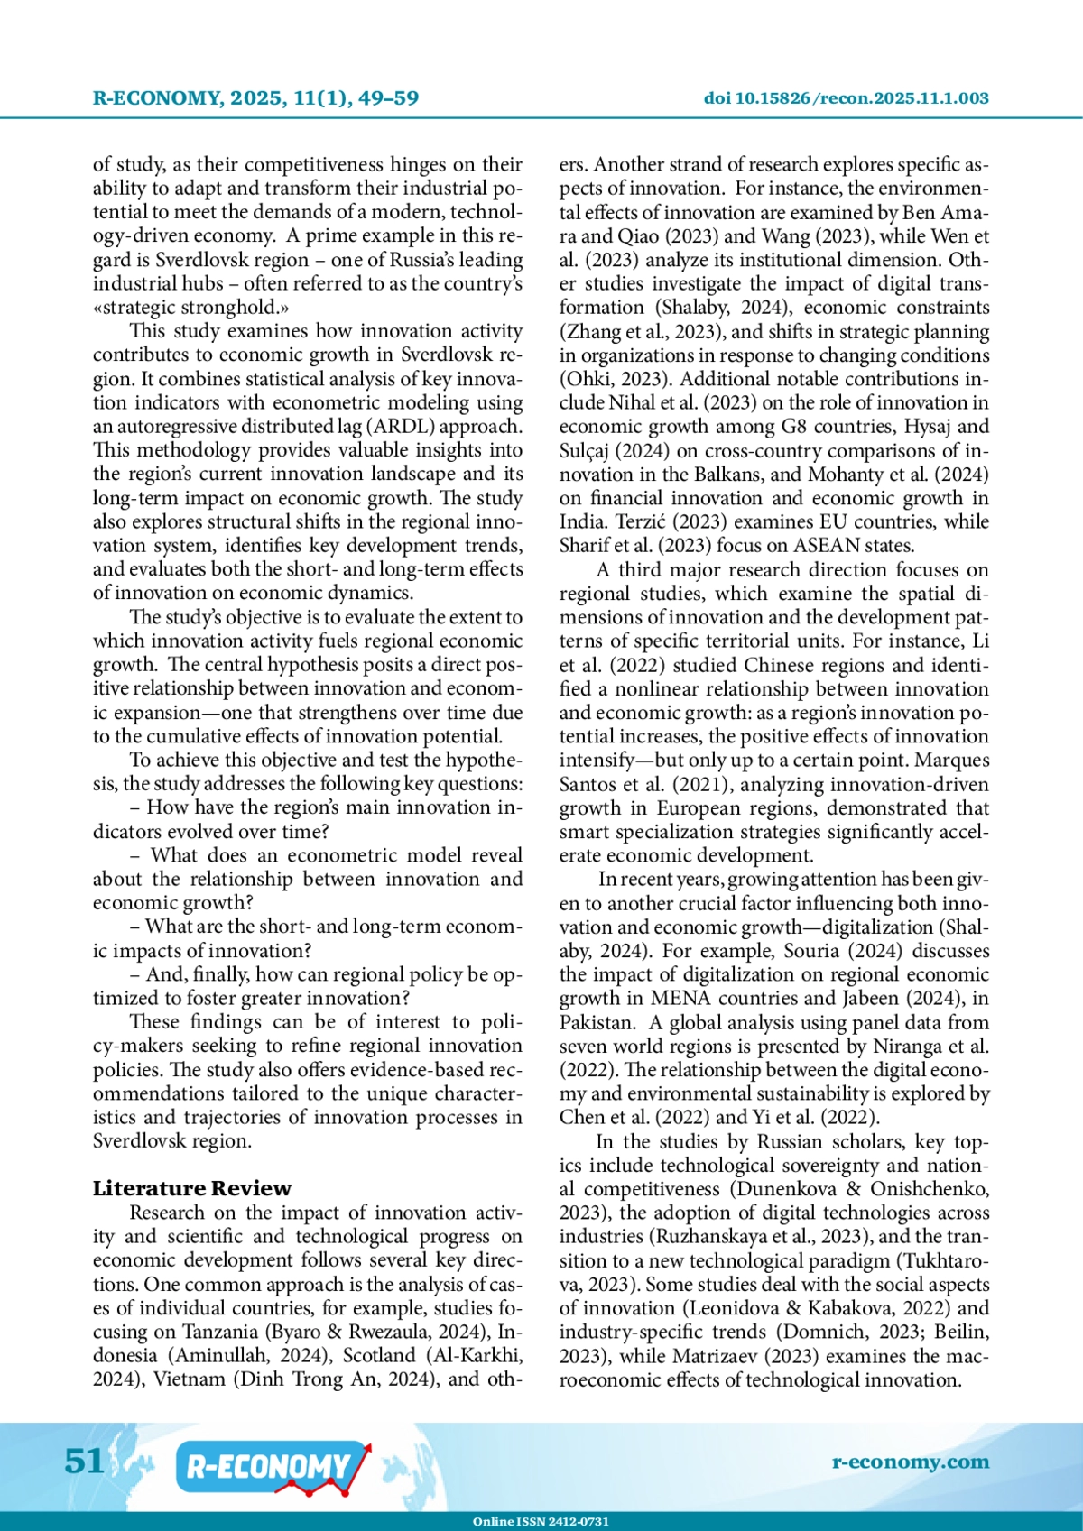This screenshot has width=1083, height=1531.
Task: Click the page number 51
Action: click(84, 1460)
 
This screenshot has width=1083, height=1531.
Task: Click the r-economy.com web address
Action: click(910, 1462)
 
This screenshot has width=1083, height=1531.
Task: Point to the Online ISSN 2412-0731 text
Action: click(541, 1521)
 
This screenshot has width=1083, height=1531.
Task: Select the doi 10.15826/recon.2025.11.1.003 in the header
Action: click(846, 98)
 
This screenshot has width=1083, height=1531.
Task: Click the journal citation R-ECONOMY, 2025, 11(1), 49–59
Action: click(255, 98)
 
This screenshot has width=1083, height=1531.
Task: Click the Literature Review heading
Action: click(192, 1188)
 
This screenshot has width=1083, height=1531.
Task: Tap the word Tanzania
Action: click(220, 1333)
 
